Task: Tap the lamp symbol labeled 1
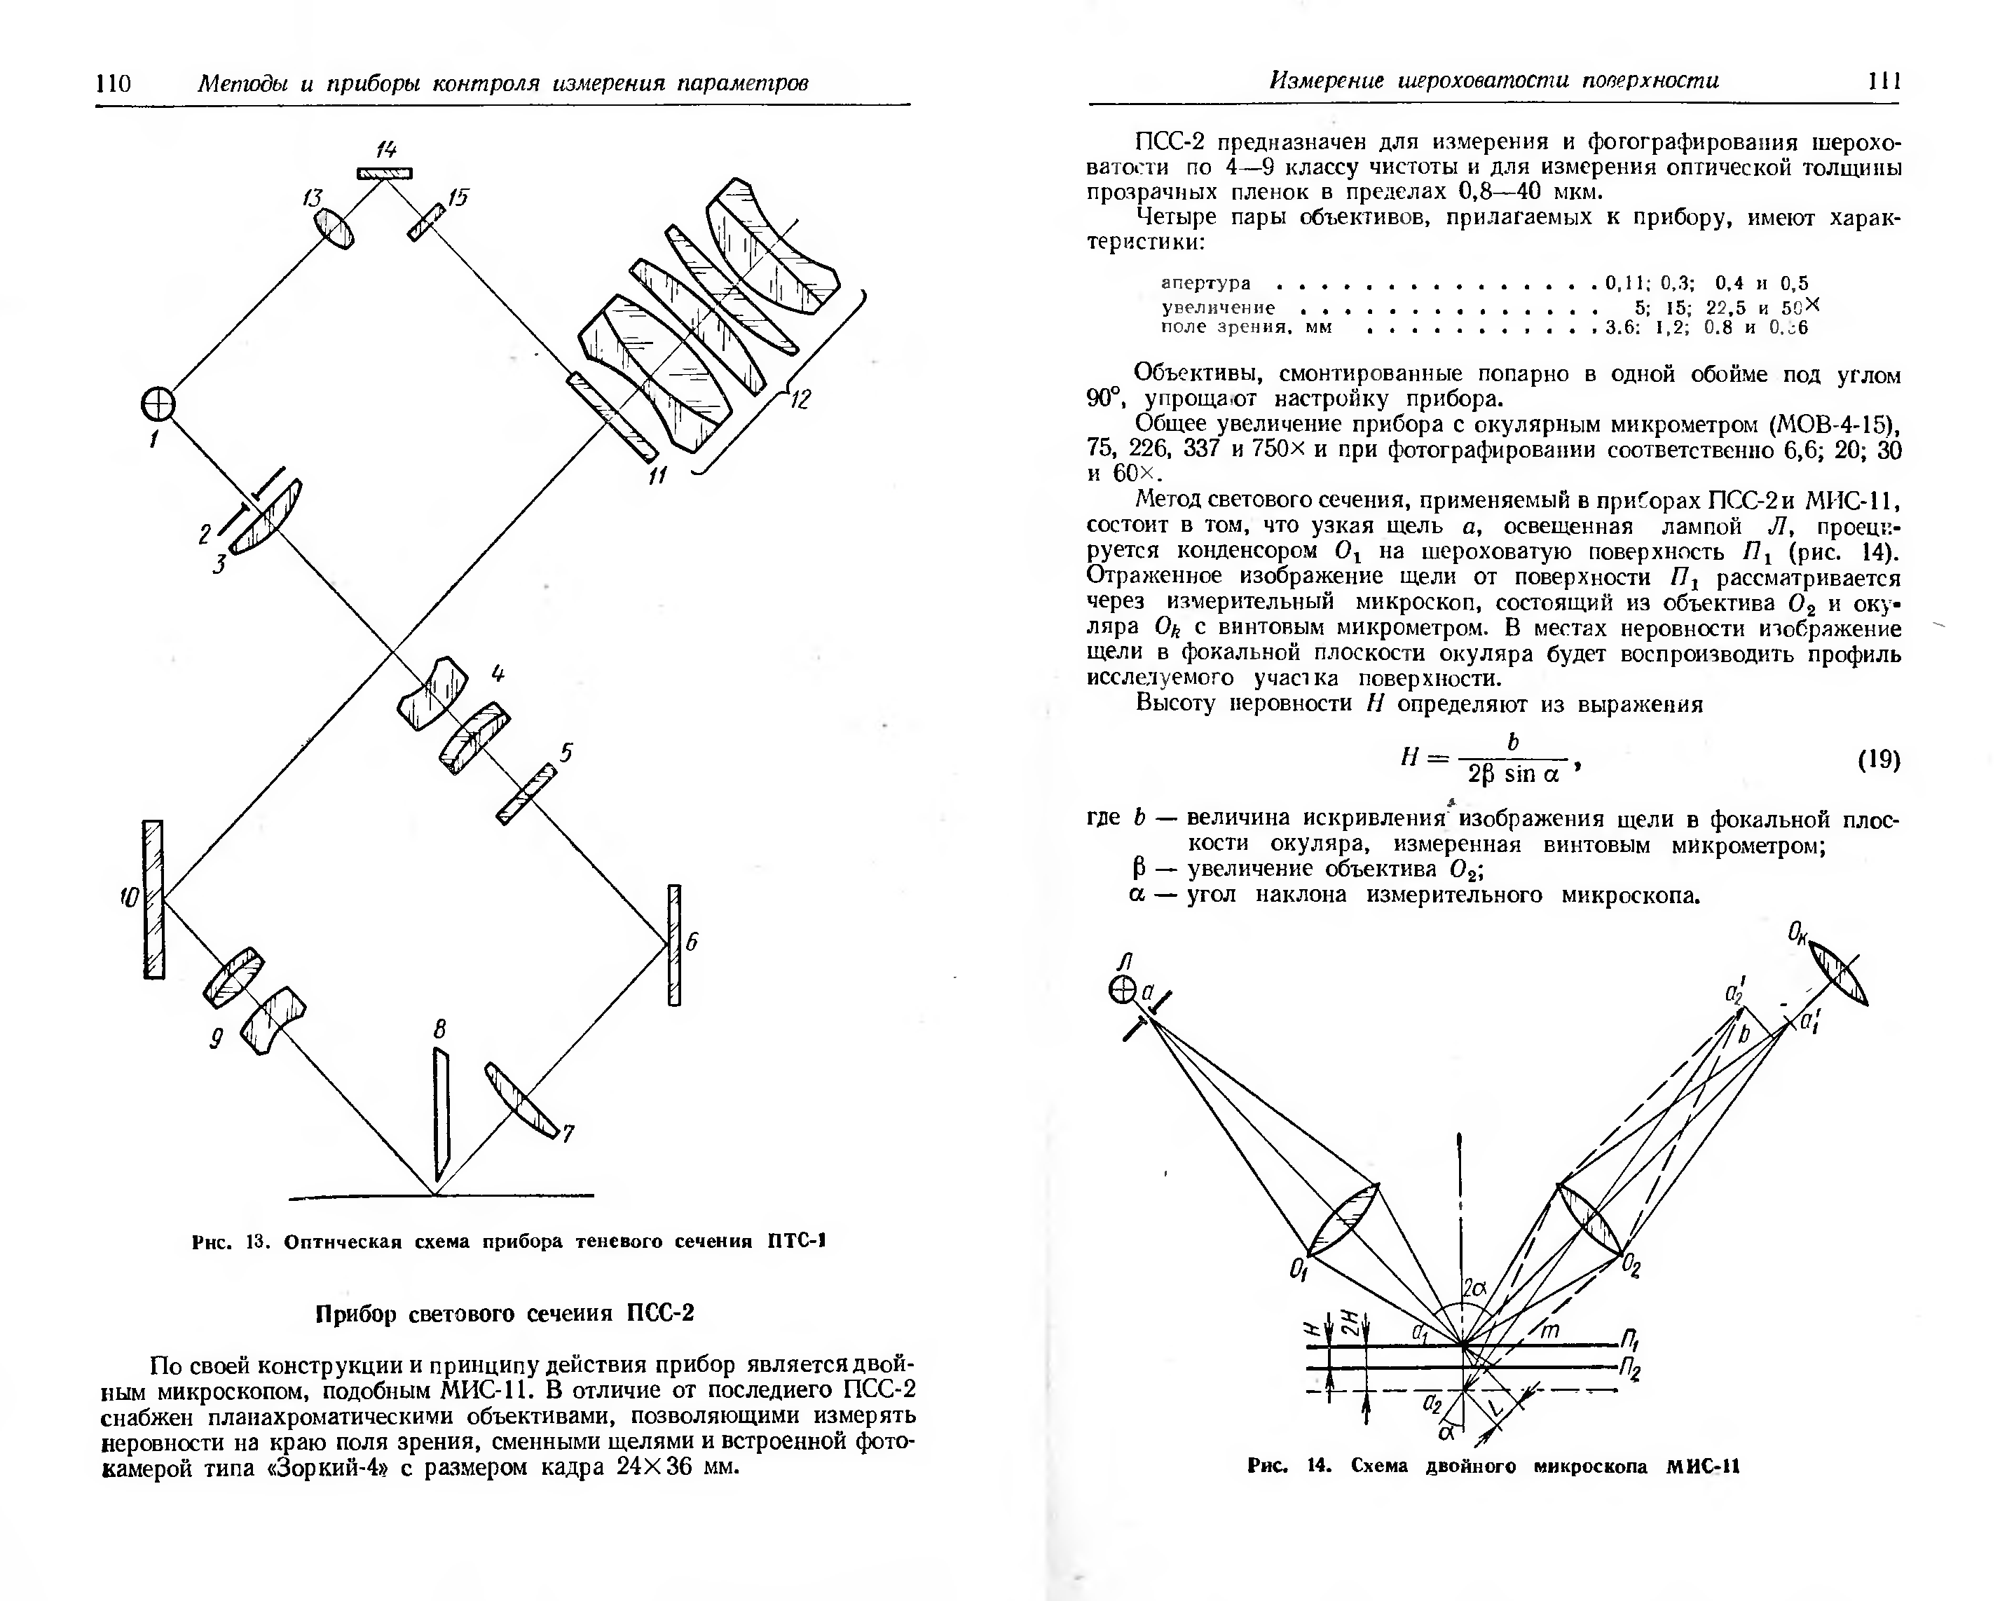[x=158, y=404]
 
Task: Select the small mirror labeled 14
[x=384, y=172]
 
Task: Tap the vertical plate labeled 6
[x=674, y=944]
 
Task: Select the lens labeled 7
[x=521, y=1100]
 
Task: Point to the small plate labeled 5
[x=526, y=794]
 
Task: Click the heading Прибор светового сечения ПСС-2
[x=505, y=1314]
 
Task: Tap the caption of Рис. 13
[x=508, y=1241]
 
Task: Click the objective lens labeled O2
[x=1590, y=1218]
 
